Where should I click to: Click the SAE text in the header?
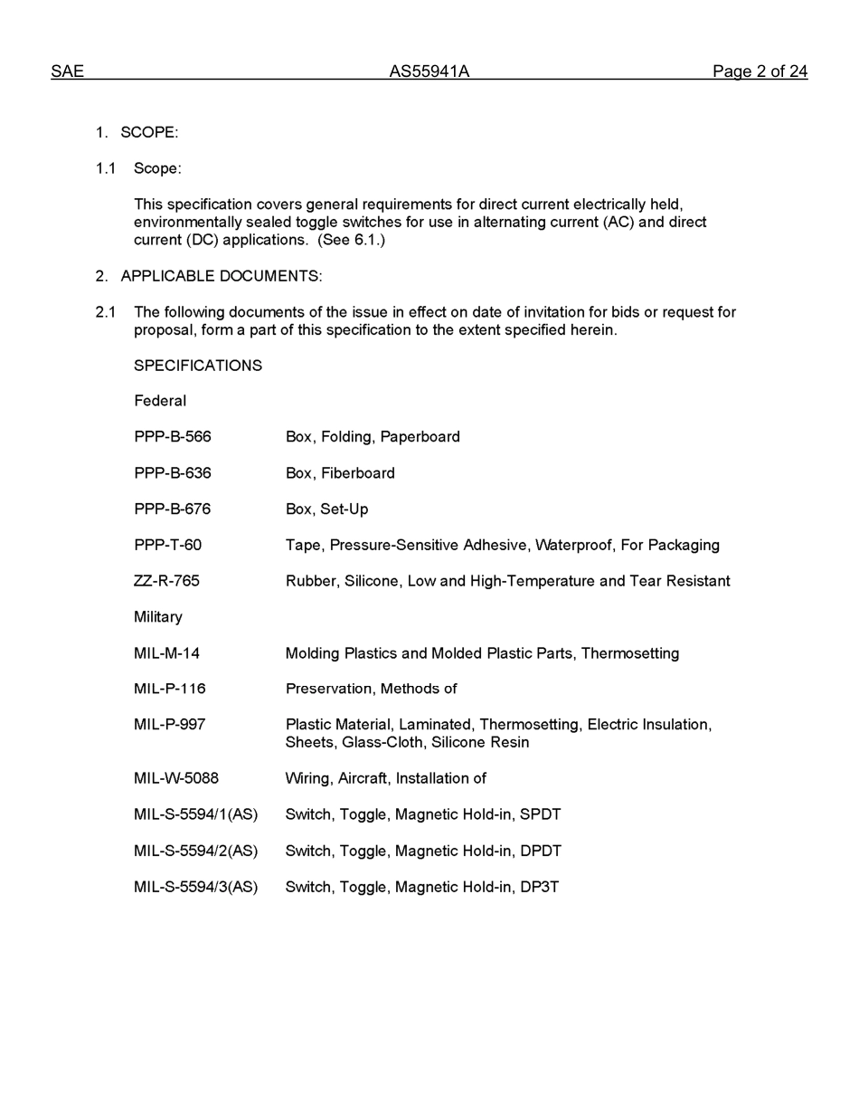pyautogui.click(x=67, y=71)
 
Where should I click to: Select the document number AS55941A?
pyautogui.click(x=429, y=71)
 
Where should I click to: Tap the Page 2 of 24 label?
pyautogui.click(x=760, y=71)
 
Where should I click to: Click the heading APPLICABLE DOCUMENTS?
pyautogui.click(x=221, y=276)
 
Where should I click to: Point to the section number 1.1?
pyautogui.click(x=106, y=168)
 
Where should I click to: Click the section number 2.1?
pyautogui.click(x=106, y=312)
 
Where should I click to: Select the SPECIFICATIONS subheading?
pyautogui.click(x=198, y=366)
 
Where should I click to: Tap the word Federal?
pyautogui.click(x=160, y=401)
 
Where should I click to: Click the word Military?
pyautogui.click(x=158, y=617)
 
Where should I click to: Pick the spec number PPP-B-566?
pyautogui.click(x=173, y=437)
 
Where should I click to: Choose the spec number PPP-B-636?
pyautogui.click(x=173, y=473)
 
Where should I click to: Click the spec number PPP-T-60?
pyautogui.click(x=168, y=545)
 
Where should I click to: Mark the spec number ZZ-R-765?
pyautogui.click(x=166, y=581)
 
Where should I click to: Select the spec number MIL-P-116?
pyautogui.click(x=170, y=689)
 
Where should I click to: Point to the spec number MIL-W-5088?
pyautogui.click(x=176, y=778)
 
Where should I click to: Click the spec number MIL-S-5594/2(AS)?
pyautogui.click(x=195, y=851)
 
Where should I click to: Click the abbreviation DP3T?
pyautogui.click(x=540, y=887)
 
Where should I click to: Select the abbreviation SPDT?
pyautogui.click(x=541, y=814)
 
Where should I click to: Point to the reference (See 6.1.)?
pyautogui.click(x=351, y=240)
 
